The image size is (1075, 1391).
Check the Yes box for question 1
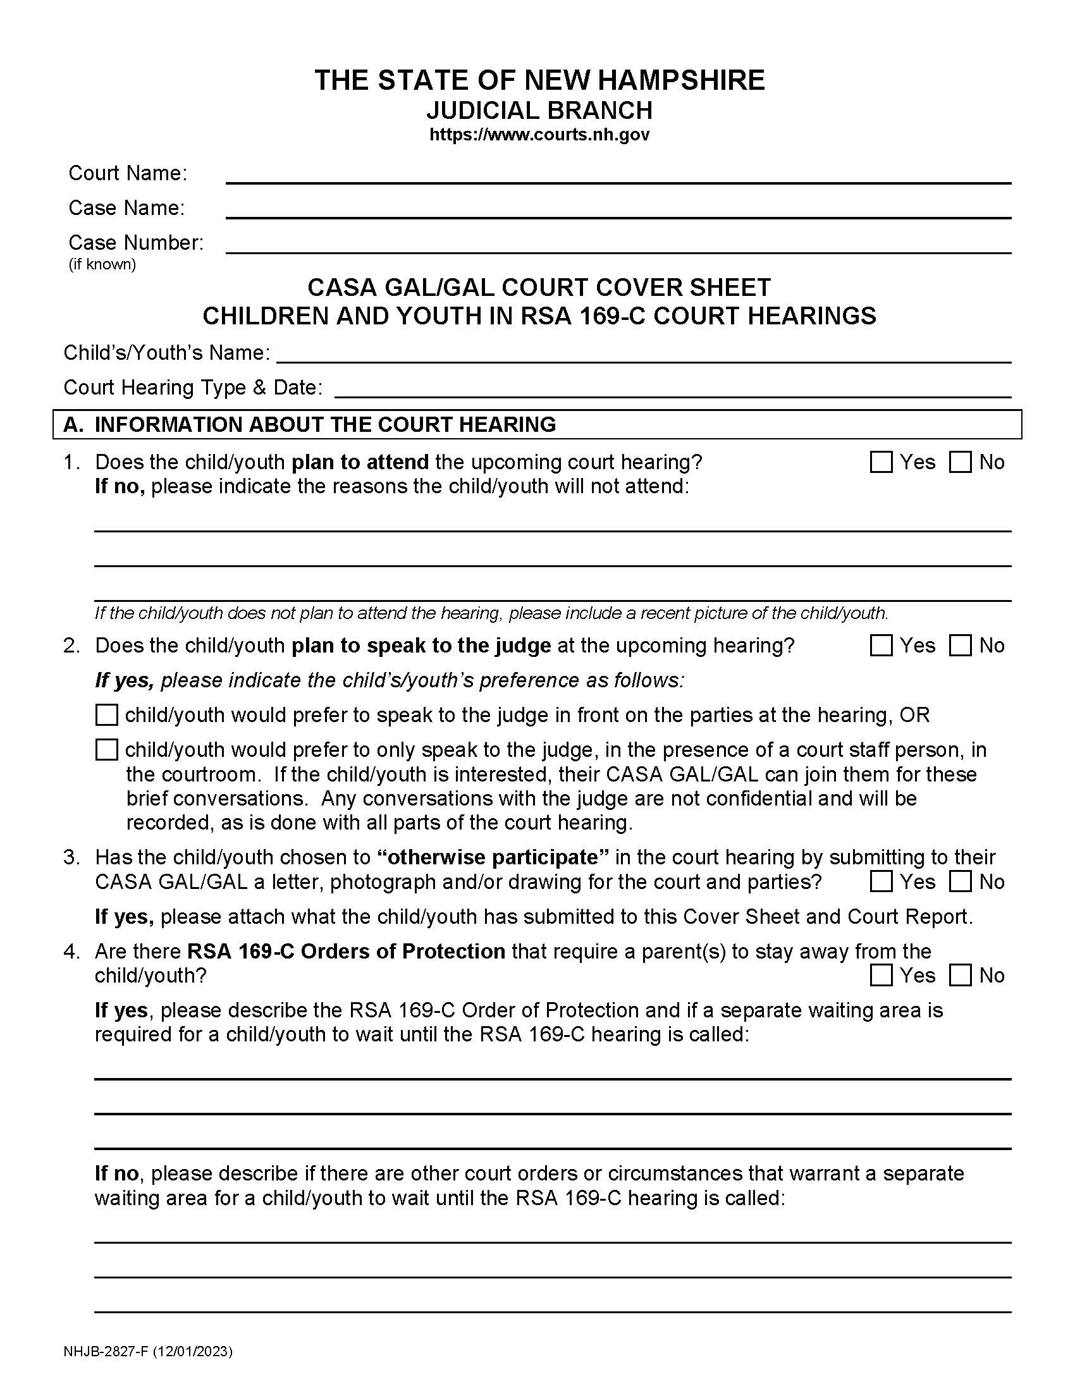pos(881,462)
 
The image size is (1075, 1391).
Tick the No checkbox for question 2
pos(960,646)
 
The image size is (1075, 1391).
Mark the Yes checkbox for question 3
pos(881,882)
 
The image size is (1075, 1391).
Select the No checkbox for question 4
pos(960,976)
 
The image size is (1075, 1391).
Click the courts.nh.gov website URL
pos(539,135)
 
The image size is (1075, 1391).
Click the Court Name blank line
pos(618,175)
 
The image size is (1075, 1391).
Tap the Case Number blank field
pos(618,244)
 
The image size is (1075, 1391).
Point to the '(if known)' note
pos(102,264)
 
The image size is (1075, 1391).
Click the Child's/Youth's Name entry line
pos(643,353)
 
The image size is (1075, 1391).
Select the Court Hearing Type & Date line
pos(672,388)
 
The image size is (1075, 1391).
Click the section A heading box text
pos(325,425)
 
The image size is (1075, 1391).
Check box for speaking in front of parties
pos(106,715)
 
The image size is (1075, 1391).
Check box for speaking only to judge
pos(106,751)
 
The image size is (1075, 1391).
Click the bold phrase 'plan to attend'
pos(360,462)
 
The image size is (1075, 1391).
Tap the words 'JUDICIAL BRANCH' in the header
pos(539,111)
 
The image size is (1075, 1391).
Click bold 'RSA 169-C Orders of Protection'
pos(346,952)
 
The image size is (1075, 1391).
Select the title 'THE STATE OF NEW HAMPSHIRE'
pos(539,80)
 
